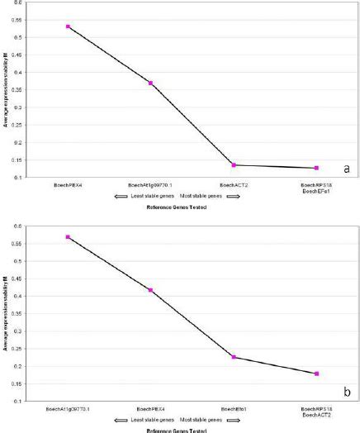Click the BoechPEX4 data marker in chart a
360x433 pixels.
[x=68, y=26]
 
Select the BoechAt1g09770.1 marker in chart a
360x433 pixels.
[x=150, y=83]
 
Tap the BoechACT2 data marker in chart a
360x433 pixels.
[x=234, y=165]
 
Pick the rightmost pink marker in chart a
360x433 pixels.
[x=316, y=168]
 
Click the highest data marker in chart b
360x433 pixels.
[x=68, y=237]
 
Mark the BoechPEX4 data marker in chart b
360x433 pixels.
[x=150, y=290]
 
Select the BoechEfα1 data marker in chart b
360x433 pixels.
[x=234, y=357]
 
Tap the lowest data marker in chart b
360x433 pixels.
[x=316, y=374]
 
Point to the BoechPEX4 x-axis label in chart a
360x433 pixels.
[x=68, y=184]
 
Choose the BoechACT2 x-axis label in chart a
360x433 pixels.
[x=234, y=184]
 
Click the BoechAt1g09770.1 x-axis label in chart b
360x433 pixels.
[x=68, y=408]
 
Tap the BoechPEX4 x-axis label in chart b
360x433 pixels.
[x=150, y=408]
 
